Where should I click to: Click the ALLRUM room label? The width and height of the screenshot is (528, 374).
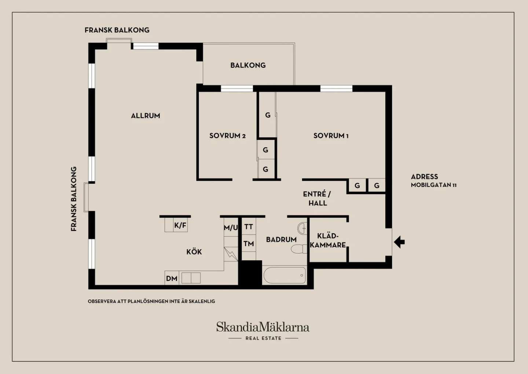146,116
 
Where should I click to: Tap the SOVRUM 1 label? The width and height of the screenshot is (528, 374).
331,136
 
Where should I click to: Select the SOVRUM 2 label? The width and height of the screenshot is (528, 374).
227,136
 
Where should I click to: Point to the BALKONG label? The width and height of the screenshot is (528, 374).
248,65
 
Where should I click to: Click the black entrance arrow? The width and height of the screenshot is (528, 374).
399,242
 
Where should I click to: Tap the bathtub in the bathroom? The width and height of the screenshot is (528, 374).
285,275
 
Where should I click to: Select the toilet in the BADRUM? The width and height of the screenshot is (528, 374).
299,249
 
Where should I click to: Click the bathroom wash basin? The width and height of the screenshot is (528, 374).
302,228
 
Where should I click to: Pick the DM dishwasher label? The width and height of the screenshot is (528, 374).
172,279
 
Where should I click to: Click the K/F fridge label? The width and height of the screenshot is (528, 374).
180,225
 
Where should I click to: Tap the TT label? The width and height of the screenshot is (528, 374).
249,227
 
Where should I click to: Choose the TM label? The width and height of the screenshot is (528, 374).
249,243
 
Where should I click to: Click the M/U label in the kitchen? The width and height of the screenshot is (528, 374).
231,228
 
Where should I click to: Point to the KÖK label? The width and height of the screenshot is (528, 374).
194,252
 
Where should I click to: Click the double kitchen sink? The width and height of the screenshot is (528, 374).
191,278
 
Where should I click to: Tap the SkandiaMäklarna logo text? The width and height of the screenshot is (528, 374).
263,327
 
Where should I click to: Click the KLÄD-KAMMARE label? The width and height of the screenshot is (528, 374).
328,240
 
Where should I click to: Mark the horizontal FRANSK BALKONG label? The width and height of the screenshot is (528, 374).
117,30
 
